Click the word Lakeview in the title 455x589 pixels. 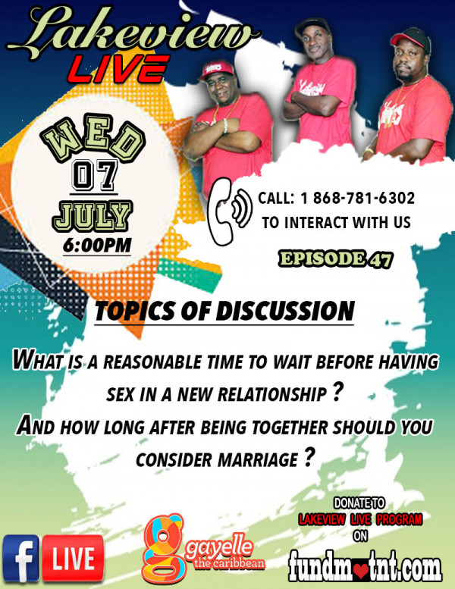133,33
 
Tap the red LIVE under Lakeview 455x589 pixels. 118,70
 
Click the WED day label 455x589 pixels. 93,139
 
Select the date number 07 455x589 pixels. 94,175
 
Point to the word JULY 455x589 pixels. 92,217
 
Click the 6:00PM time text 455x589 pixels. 97,246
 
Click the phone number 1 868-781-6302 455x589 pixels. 357,198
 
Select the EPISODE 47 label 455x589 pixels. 335,259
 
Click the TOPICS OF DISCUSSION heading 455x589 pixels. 224,311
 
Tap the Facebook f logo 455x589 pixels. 21,559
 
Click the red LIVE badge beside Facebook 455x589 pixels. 73,559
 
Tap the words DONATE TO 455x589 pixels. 359,503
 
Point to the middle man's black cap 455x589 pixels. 313,26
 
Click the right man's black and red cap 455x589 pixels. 412,39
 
